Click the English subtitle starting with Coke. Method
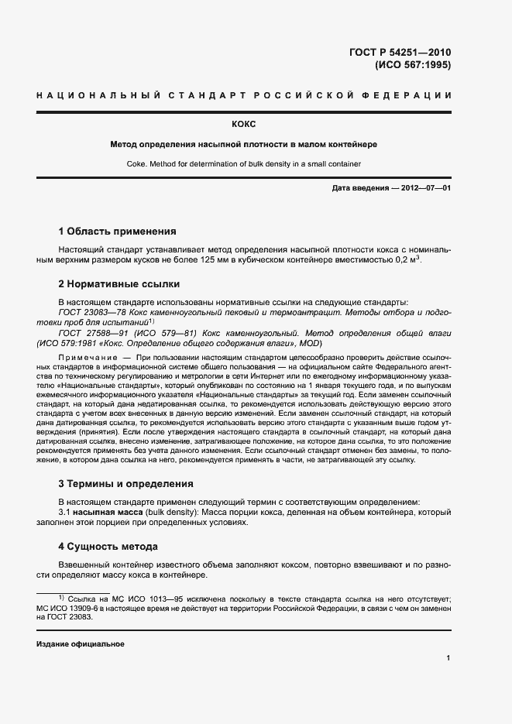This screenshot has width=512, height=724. pyautogui.click(x=243, y=163)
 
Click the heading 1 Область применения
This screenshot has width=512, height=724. pyautogui.click(x=117, y=231)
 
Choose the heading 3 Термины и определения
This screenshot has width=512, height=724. pyautogui.click(x=125, y=484)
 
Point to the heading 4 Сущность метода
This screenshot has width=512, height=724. pyautogui.click(x=108, y=546)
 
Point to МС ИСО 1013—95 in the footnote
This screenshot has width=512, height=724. pyautogui.click(x=133, y=599)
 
